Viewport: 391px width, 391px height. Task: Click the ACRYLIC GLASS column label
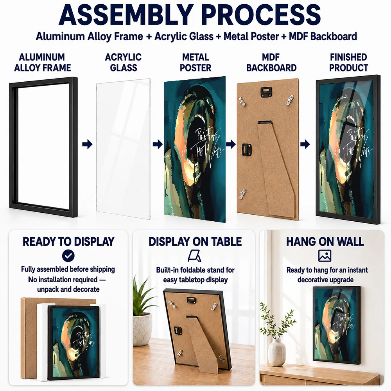click(x=123, y=62)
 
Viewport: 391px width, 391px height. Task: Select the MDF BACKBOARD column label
click(x=271, y=62)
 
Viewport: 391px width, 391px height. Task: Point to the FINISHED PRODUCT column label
click(x=348, y=62)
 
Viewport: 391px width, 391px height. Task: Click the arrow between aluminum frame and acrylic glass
click(x=87, y=144)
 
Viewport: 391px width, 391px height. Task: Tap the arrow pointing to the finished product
click(x=305, y=144)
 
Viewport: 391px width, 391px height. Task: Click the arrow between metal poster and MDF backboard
click(x=231, y=144)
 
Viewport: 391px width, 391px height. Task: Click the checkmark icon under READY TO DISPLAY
click(x=68, y=256)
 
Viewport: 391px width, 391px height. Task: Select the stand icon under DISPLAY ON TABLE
click(x=195, y=256)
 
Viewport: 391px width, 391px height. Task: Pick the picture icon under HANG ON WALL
click(x=325, y=256)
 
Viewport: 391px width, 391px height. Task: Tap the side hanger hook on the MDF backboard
click(x=247, y=149)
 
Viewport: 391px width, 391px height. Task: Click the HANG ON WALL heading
click(x=325, y=241)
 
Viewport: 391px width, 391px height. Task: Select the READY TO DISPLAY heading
click(x=68, y=241)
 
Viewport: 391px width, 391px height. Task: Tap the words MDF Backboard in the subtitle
click(x=323, y=36)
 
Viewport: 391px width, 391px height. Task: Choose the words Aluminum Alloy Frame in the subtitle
click(x=89, y=36)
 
